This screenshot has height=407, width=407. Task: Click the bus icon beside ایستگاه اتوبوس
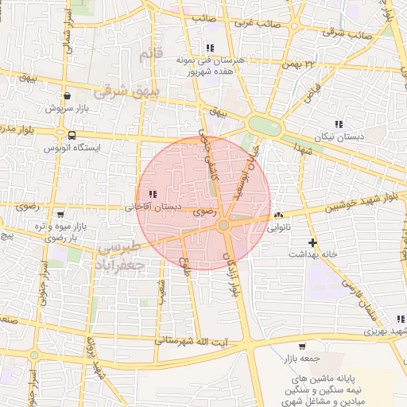click(72, 135)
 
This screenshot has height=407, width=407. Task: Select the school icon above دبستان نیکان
click(339, 124)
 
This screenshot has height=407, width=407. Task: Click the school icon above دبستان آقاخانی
click(153, 194)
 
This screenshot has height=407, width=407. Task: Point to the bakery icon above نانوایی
click(277, 215)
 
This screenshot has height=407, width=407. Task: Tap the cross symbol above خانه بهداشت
click(312, 242)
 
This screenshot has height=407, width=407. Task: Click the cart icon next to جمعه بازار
click(302, 347)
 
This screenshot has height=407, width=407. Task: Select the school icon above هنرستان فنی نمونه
click(210, 48)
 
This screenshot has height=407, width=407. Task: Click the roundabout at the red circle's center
click(224, 227)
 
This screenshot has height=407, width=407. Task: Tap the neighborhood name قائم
click(145, 55)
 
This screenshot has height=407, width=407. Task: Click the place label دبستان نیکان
click(339, 137)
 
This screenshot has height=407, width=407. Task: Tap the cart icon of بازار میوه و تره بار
click(61, 215)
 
